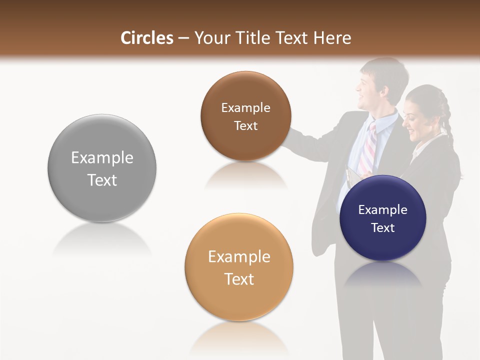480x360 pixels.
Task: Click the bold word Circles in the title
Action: tap(147, 38)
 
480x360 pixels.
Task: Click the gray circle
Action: tap(102, 168)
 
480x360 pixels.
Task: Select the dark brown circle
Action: tap(245, 116)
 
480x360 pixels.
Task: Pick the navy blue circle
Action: tap(382, 218)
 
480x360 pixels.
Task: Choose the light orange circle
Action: tap(239, 267)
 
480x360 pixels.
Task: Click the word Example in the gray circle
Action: tap(102, 158)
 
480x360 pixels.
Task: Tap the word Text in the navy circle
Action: tap(383, 228)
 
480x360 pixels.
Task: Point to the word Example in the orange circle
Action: tap(239, 257)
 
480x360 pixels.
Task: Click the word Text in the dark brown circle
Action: tap(245, 126)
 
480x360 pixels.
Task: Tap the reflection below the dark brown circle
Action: tap(245, 175)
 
